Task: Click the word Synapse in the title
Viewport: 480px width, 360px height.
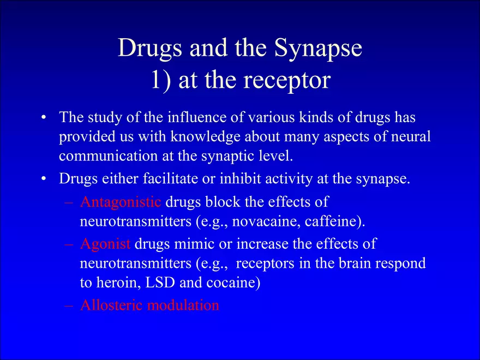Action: point(318,49)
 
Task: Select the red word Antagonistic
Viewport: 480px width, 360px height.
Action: point(121,202)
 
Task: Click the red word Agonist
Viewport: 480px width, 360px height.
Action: point(105,244)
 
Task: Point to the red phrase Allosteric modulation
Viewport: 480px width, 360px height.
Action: point(149,305)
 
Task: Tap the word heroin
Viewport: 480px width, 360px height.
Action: point(119,284)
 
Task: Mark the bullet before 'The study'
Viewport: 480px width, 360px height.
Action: point(44,118)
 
